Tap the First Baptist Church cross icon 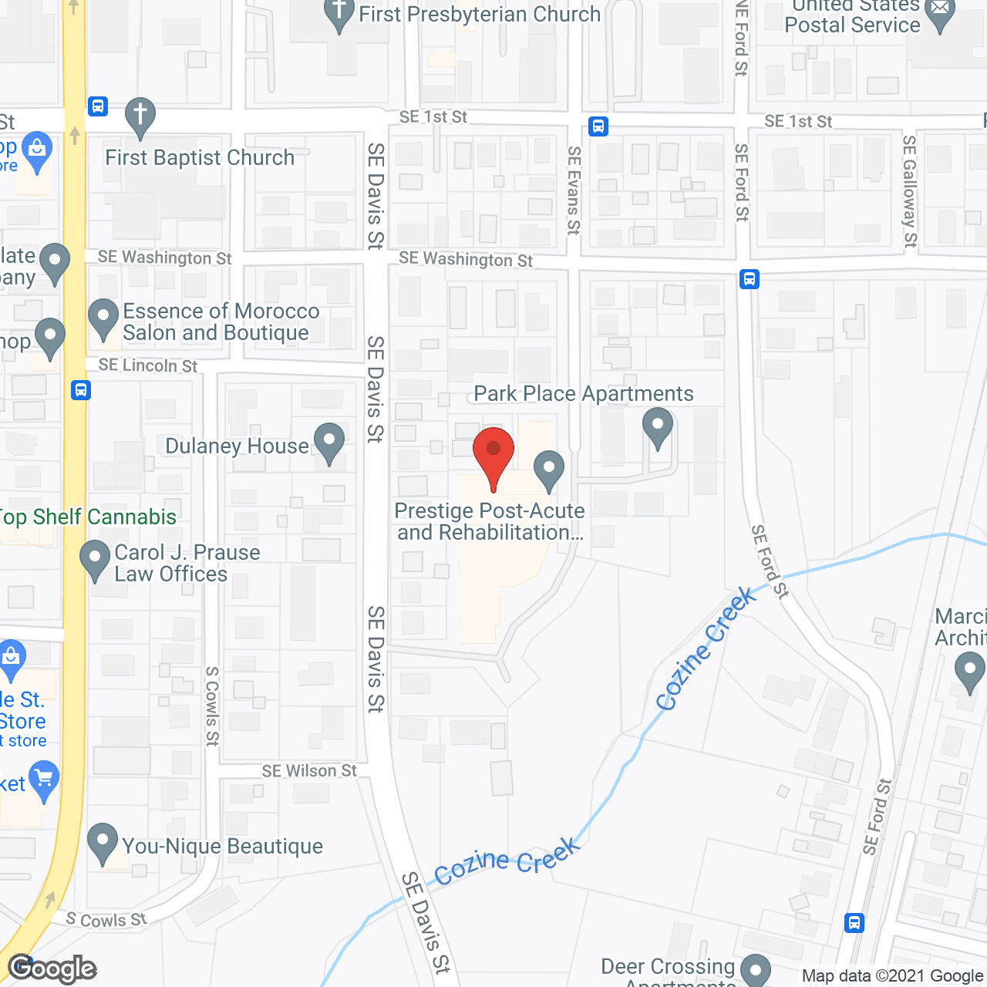[x=140, y=116]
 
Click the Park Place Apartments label [x=583, y=393]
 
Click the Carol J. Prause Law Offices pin [x=95, y=560]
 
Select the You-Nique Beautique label [x=222, y=846]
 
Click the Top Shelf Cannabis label [x=88, y=517]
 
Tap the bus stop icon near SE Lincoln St [x=81, y=390]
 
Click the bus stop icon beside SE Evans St [x=598, y=126]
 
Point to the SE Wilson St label [x=309, y=770]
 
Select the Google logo [x=52, y=968]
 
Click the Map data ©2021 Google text [x=892, y=975]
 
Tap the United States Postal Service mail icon [x=940, y=14]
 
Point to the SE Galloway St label [x=910, y=191]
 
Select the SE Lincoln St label [x=148, y=365]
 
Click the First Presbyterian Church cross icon [x=339, y=14]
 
